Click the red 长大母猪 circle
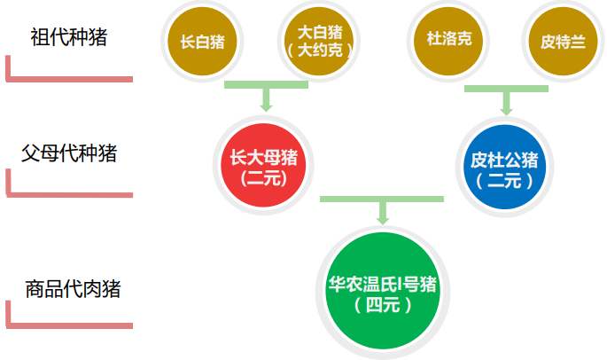click(263, 166)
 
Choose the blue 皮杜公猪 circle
click(504, 168)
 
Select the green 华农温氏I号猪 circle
click(383, 293)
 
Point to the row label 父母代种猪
click(69, 152)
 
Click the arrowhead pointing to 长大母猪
click(265, 105)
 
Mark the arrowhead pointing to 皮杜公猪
click(506, 109)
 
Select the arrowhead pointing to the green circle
click(383, 218)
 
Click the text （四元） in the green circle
click(383, 306)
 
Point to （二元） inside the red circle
click(263, 177)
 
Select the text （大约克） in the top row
click(320, 51)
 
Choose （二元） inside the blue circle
click(504, 181)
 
